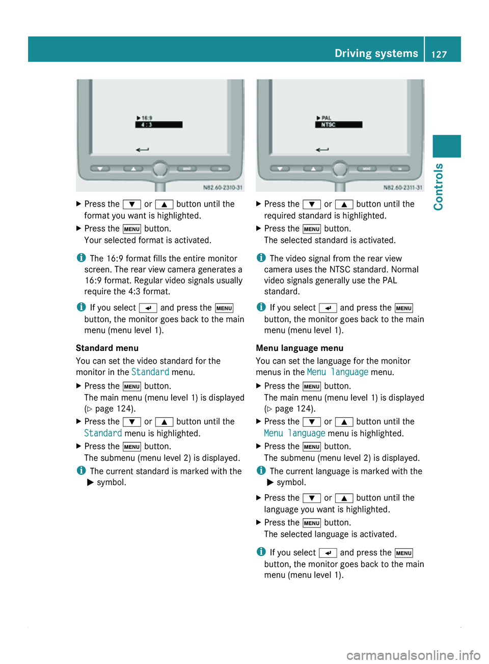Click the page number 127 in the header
439,54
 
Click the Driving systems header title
376,54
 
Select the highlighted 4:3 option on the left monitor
158,124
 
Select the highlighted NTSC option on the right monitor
339,124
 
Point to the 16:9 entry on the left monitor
145,118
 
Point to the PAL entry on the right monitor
324,118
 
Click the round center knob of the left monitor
160,169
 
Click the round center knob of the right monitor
340,169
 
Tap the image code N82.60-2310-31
223,187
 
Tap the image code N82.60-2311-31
402,187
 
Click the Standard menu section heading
107,348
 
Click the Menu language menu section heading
300,348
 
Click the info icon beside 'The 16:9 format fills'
80,258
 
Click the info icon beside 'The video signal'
260,258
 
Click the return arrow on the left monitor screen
143,150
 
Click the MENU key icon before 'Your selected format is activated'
132,229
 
